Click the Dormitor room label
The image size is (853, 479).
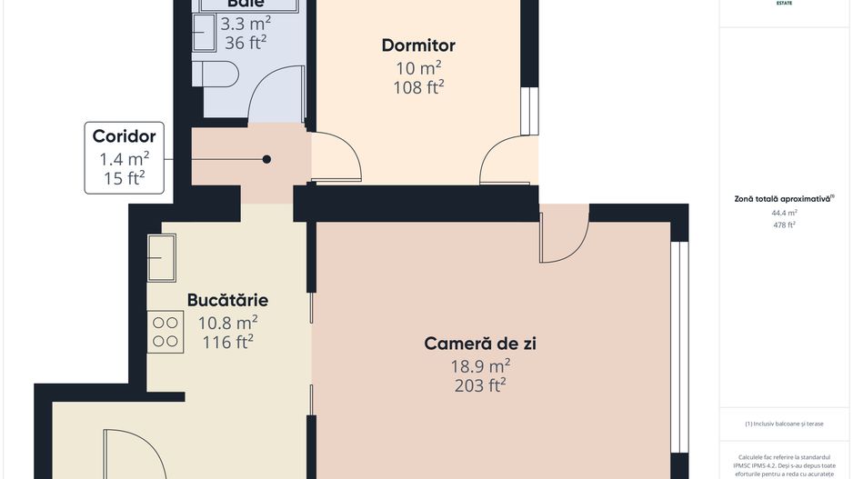tap(418, 45)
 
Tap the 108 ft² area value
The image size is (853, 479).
tap(418, 87)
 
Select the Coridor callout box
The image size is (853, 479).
tap(125, 158)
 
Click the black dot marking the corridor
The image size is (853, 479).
tap(266, 159)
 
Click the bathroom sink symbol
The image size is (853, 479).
tap(203, 35)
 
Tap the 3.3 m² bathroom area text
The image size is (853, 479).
tap(246, 23)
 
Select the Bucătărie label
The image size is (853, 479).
tap(227, 300)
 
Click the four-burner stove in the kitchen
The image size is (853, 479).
tap(165, 332)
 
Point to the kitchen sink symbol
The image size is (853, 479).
tap(163, 258)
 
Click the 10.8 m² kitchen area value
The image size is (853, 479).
tap(227, 323)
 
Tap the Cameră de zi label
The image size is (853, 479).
tap(481, 344)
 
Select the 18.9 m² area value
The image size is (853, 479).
tap(481, 365)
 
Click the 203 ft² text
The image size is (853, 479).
tap(481, 385)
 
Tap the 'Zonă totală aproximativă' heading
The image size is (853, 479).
tap(784, 198)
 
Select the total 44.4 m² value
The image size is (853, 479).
tap(784, 213)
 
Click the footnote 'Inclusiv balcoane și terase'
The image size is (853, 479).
tap(784, 424)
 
